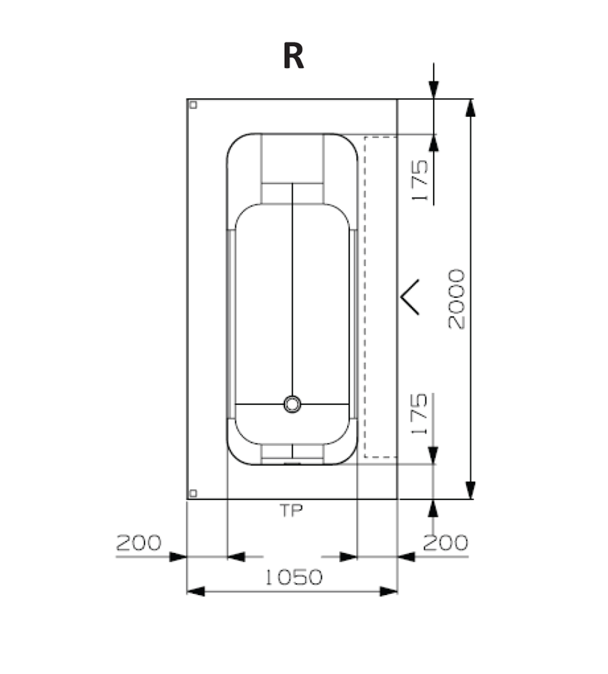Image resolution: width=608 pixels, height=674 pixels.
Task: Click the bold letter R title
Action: click(x=293, y=56)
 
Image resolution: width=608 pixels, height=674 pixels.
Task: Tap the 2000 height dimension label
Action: click(x=456, y=299)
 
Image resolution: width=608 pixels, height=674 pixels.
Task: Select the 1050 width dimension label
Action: click(x=294, y=577)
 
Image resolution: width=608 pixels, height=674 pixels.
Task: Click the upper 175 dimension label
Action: click(x=420, y=181)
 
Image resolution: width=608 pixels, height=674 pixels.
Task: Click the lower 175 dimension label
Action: click(x=420, y=414)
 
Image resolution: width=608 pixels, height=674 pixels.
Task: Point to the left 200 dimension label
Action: click(x=139, y=543)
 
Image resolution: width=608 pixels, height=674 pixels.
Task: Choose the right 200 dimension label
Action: click(x=445, y=543)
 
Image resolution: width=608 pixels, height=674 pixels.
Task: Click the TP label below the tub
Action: click(x=291, y=511)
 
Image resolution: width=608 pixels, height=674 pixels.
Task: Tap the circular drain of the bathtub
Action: click(x=292, y=404)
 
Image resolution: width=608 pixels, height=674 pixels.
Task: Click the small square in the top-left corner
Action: click(x=193, y=105)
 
